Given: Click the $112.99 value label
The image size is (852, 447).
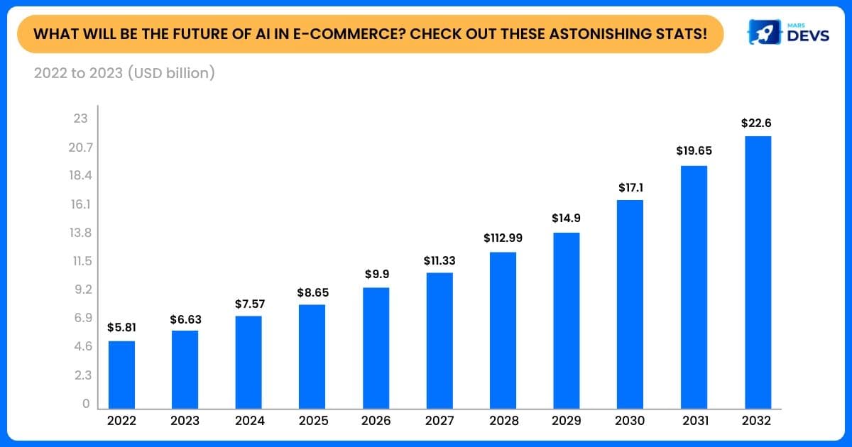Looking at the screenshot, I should point(503,238).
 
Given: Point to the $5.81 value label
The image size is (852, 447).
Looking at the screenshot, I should point(121,328).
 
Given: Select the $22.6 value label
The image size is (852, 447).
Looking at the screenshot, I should point(756,123).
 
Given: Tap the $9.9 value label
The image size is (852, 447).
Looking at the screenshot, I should point(376,274).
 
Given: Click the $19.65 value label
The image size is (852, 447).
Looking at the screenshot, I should point(694,151).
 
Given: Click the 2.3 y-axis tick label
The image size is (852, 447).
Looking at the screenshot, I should point(80,375).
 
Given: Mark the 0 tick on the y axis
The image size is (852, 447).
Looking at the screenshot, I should point(85,404).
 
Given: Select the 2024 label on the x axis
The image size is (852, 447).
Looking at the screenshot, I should point(248,421).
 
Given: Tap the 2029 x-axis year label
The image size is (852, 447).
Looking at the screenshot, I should point(567,421).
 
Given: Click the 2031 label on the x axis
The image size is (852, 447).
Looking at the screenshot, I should point(694,421).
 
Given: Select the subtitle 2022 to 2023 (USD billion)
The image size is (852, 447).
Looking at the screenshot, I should point(124,72).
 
